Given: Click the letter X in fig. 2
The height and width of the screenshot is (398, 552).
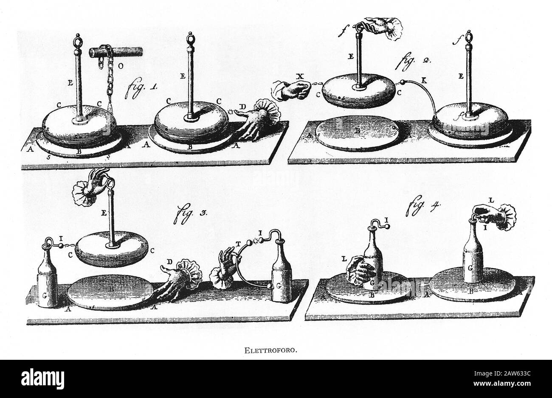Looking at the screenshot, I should tap(301, 76).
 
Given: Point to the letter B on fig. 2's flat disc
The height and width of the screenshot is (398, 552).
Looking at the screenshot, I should tap(358, 131).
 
